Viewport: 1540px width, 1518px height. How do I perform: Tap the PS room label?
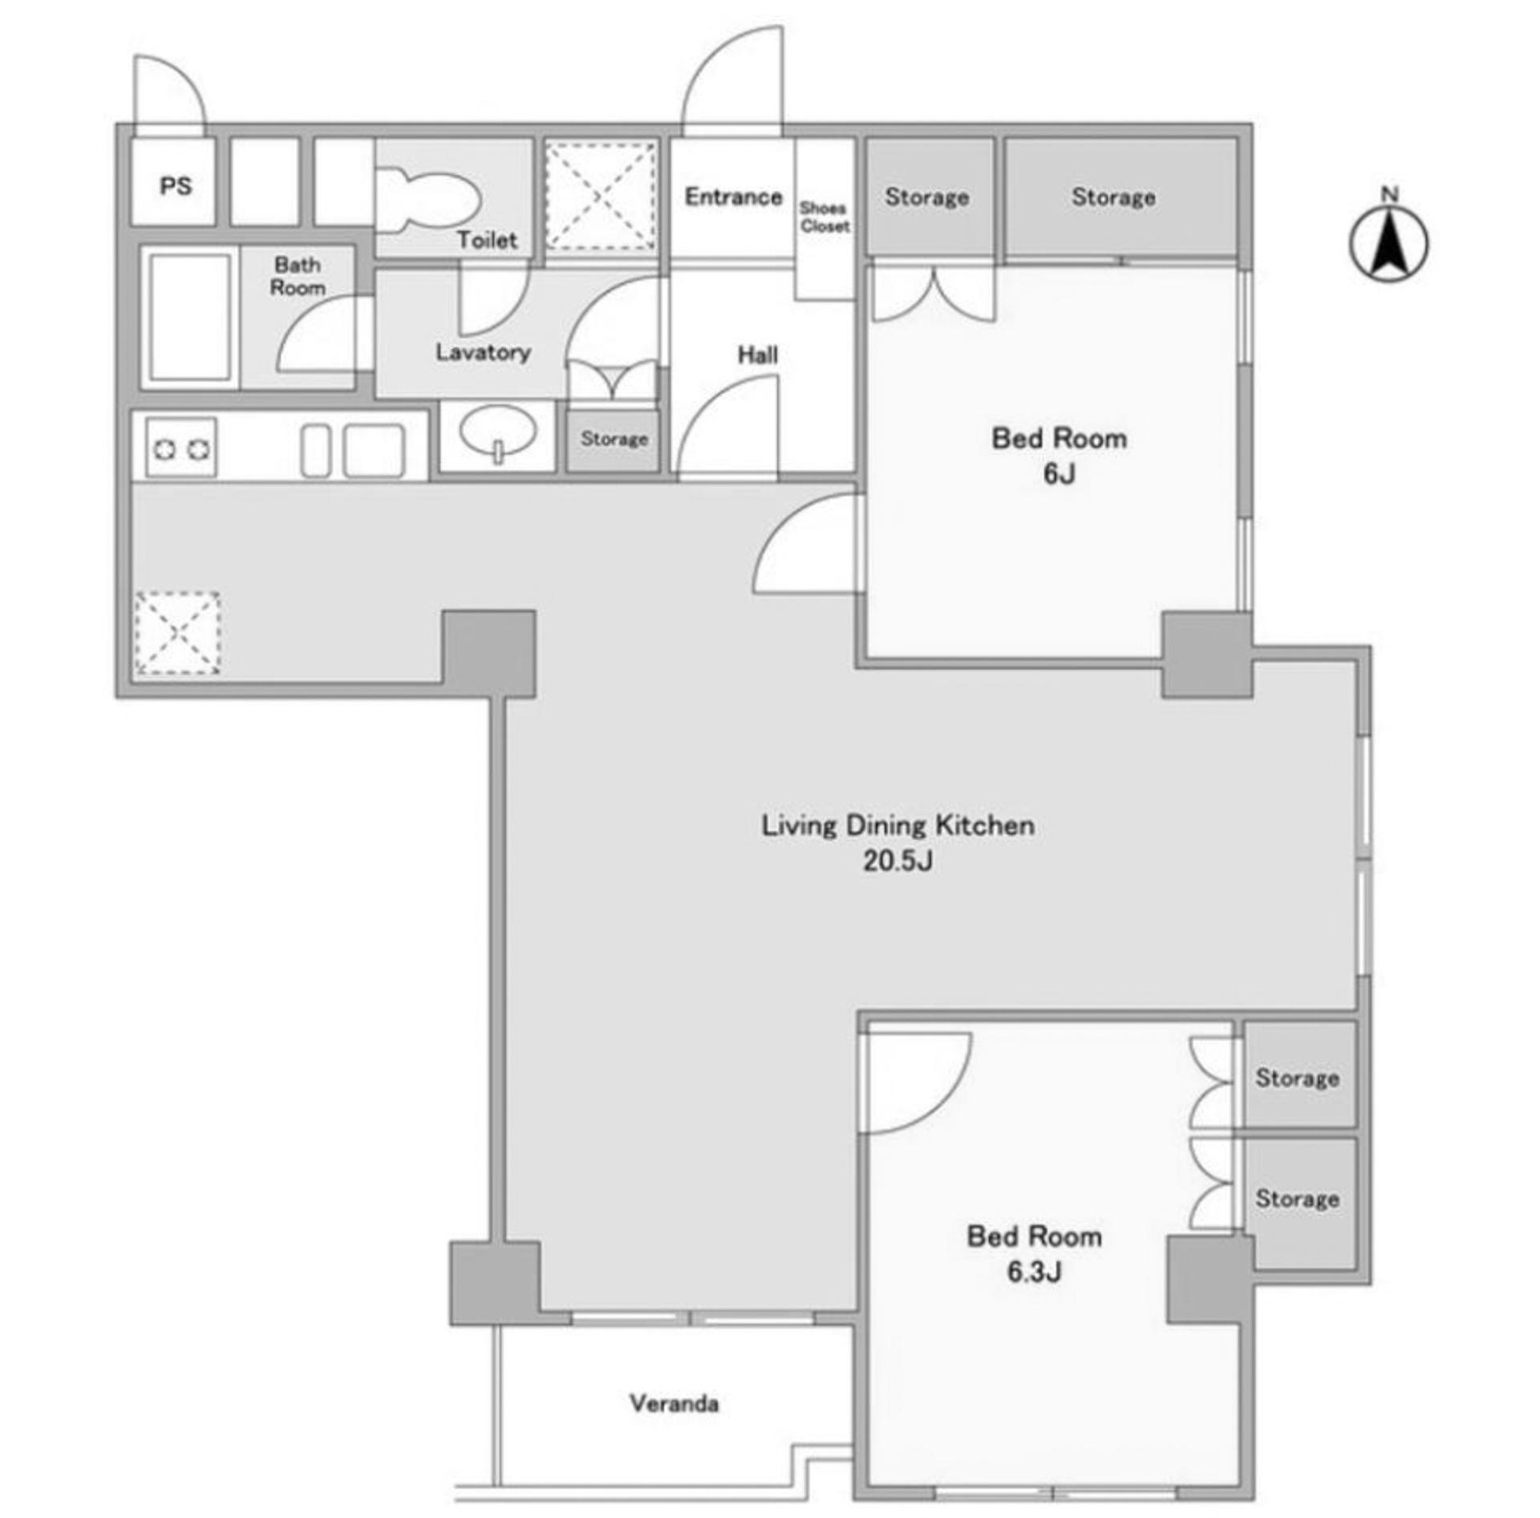(x=176, y=186)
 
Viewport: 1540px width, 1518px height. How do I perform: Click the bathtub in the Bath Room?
(x=190, y=318)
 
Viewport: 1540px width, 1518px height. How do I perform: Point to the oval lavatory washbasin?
(x=498, y=432)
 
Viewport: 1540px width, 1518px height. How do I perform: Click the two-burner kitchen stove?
(x=181, y=448)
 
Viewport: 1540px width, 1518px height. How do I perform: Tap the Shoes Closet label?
(x=825, y=217)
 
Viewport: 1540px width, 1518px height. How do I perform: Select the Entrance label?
(x=733, y=197)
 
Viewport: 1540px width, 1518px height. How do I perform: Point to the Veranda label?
(x=674, y=1403)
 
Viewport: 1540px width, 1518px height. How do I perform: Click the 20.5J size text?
(x=898, y=861)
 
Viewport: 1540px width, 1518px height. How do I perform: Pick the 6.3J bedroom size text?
(x=1034, y=1272)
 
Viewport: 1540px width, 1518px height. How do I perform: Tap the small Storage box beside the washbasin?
(x=614, y=440)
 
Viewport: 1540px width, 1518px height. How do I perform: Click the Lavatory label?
(x=483, y=352)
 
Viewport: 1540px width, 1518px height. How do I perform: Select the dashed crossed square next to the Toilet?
(x=601, y=197)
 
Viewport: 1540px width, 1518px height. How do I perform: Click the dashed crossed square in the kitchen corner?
(x=177, y=633)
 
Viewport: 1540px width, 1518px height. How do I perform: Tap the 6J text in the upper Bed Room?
(x=1059, y=474)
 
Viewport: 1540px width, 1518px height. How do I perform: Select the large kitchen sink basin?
(x=374, y=450)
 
